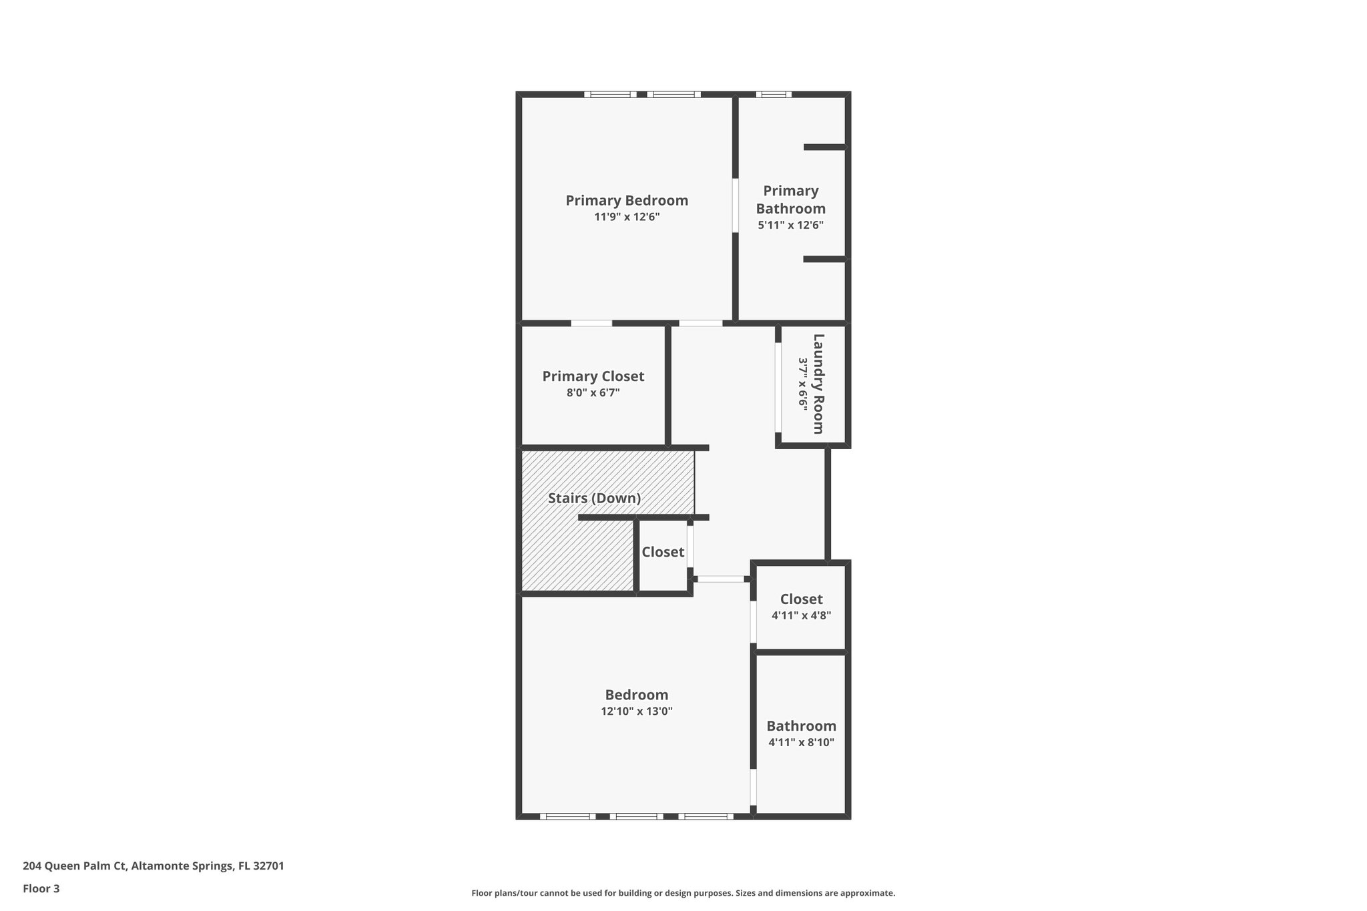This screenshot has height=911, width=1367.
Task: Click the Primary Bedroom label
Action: tap(627, 200)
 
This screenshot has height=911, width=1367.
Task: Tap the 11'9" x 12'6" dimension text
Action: tap(627, 217)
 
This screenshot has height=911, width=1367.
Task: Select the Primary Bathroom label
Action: tap(790, 200)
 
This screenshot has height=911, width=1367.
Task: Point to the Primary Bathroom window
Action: tap(774, 94)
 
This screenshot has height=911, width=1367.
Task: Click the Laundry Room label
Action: tap(818, 384)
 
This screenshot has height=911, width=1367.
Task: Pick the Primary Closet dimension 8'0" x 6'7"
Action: tap(593, 393)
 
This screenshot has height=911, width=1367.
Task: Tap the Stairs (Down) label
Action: tap(594, 498)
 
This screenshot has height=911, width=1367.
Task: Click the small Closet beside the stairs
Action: tap(663, 552)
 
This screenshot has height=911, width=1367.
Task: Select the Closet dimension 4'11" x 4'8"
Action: tap(801, 615)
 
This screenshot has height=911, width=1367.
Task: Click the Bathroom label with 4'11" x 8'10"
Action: tap(801, 726)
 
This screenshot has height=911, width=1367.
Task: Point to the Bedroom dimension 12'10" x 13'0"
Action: tap(636, 711)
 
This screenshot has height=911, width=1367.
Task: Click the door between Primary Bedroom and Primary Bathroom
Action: tap(735, 205)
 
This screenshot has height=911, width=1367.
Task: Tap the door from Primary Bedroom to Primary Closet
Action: tap(591, 324)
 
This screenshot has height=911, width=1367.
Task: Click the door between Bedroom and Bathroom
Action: tap(753, 787)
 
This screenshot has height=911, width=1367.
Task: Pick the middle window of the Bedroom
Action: tap(636, 816)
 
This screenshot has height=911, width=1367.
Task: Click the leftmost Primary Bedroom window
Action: tap(611, 94)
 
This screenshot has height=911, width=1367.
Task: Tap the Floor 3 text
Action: tap(41, 888)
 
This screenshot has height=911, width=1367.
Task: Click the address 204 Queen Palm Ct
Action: tap(153, 866)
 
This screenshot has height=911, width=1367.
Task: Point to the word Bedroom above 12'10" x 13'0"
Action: tap(636, 695)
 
